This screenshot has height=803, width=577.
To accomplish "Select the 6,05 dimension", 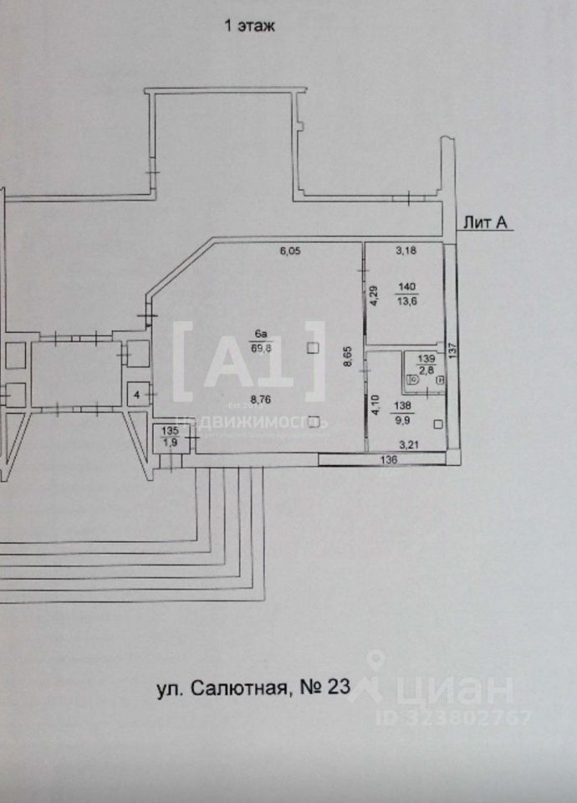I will [289, 250].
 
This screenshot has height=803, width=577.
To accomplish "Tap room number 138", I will [402, 403].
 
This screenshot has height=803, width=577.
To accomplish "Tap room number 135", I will [170, 432].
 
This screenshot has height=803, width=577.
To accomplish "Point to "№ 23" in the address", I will [324, 689].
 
